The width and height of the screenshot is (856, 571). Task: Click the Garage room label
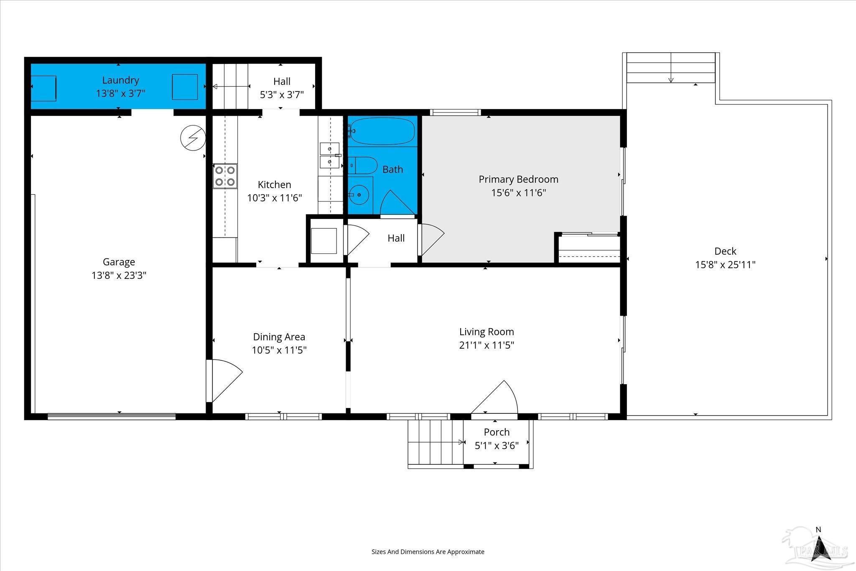[119, 262]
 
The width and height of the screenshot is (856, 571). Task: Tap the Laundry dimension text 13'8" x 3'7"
[121, 93]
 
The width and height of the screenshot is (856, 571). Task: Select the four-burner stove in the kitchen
[225, 176]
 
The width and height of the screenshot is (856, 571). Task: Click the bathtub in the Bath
[382, 131]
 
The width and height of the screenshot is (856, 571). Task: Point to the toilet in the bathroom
[362, 165]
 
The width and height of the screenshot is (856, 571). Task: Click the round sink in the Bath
[360, 195]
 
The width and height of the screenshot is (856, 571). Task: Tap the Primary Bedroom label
[518, 179]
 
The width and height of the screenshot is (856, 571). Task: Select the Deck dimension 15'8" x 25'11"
[725, 265]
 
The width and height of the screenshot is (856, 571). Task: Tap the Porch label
[497, 432]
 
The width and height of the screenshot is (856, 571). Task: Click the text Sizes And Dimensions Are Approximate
[428, 551]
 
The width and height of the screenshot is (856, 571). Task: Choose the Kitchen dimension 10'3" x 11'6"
[275, 198]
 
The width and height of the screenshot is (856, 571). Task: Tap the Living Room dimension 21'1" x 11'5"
[487, 345]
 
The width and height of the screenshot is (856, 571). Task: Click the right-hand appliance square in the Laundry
[185, 87]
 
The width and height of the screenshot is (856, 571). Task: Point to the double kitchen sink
[330, 155]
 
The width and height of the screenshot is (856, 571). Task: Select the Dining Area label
[279, 336]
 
